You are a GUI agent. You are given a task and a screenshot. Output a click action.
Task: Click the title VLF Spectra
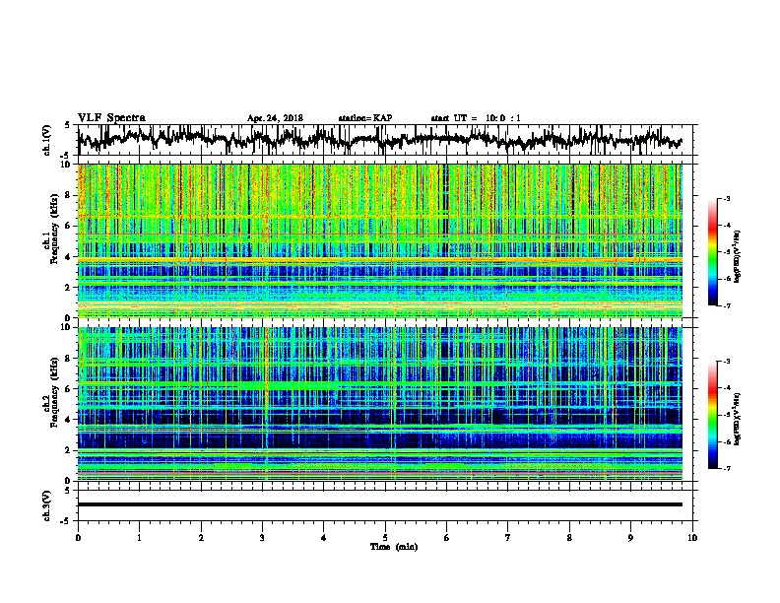pyautogui.click(x=111, y=117)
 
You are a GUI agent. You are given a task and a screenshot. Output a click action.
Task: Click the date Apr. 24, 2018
pyautogui.click(x=275, y=118)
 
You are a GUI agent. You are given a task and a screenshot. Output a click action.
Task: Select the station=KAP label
pyautogui.click(x=364, y=118)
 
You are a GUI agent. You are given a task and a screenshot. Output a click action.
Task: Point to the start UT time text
pyautogui.click(x=476, y=118)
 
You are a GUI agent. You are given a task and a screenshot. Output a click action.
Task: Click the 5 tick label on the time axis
pyautogui.click(x=385, y=537)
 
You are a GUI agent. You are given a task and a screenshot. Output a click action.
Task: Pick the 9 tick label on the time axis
pyautogui.click(x=631, y=537)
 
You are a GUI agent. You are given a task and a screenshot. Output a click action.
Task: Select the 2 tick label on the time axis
pyautogui.click(x=201, y=537)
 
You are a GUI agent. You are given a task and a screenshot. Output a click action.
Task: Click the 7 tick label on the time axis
pyautogui.click(x=508, y=537)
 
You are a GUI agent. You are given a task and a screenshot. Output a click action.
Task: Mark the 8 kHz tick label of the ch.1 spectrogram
pyautogui.click(x=67, y=195)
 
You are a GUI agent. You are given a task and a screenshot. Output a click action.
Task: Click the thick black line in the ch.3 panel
pyautogui.click(x=379, y=504)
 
